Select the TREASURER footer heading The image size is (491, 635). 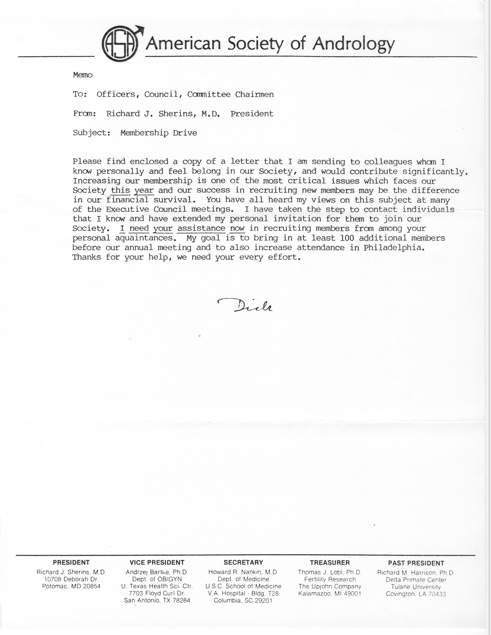click(330, 563)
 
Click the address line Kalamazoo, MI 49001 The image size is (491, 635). click(330, 594)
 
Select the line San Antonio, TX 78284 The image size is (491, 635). click(157, 600)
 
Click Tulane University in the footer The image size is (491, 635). click(416, 587)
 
